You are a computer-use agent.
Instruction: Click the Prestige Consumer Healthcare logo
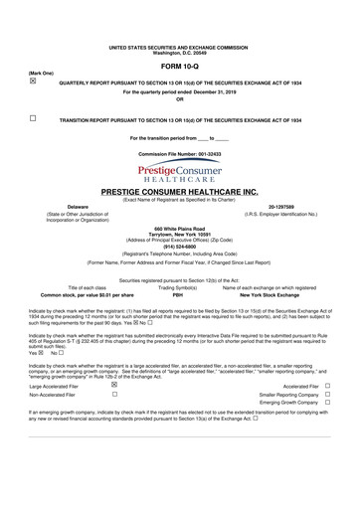(179, 172)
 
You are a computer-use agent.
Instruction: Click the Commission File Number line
(179, 155)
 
